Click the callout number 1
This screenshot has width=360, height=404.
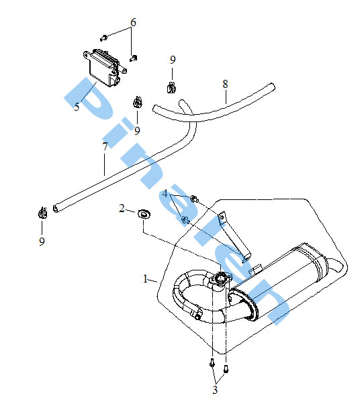[x=146, y=279]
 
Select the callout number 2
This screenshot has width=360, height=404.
[x=122, y=208]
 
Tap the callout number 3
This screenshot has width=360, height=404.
[x=215, y=389]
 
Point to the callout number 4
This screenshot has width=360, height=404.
[x=165, y=193]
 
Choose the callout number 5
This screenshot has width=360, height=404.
[x=77, y=107]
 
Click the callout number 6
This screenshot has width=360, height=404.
[x=133, y=22]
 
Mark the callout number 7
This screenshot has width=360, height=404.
[x=105, y=146]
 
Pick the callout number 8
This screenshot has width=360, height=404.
[x=226, y=84]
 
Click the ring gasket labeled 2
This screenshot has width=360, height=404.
[x=144, y=214]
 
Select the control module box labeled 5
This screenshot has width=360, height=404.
[x=103, y=68]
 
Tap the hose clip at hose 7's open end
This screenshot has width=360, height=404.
[x=42, y=213]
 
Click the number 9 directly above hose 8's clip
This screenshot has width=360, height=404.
[x=173, y=60]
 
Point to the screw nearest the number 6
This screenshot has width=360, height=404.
[x=103, y=38]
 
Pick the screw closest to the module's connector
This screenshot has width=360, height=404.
[x=133, y=58]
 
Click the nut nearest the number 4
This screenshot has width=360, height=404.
[x=195, y=199]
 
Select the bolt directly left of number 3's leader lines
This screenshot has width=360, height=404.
[x=212, y=363]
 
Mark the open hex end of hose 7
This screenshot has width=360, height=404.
[x=55, y=209]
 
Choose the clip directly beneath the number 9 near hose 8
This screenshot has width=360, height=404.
[x=171, y=87]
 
